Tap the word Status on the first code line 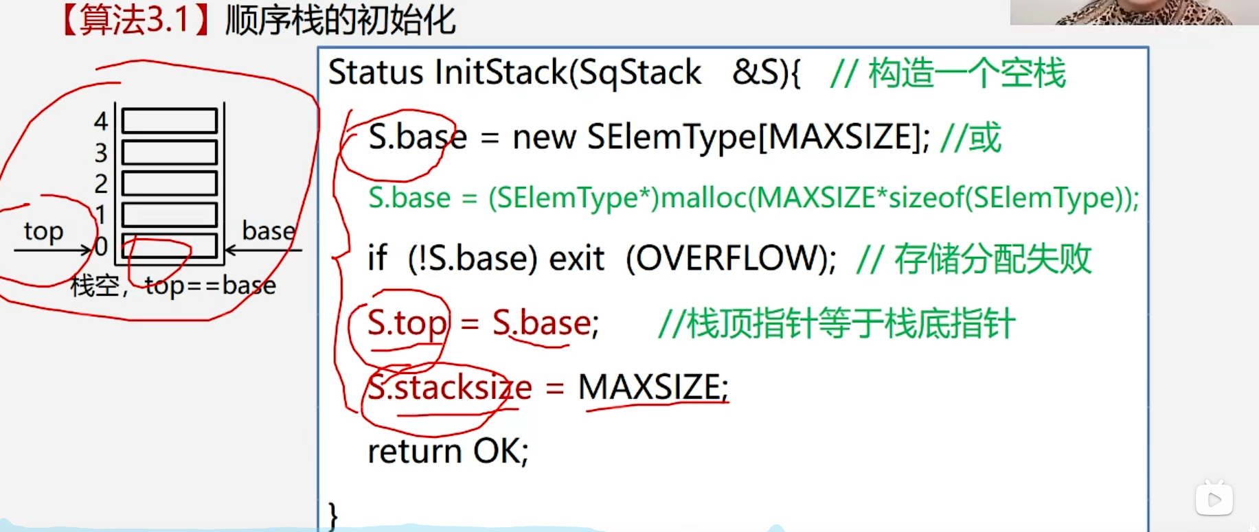pos(376,73)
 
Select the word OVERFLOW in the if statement pos(731,259)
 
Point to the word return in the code pos(414,452)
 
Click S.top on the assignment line pos(407,323)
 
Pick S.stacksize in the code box pos(450,388)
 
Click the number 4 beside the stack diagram pos(101,122)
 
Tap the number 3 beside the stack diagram pos(101,152)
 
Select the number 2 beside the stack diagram pos(101,184)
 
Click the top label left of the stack pos(43,231)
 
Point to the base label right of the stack pos(269,231)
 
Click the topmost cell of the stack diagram pos(170,121)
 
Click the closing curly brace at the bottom pos(333,515)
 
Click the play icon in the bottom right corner pos(1214,499)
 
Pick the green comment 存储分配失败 pos(993,259)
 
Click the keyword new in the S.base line pos(544,137)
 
